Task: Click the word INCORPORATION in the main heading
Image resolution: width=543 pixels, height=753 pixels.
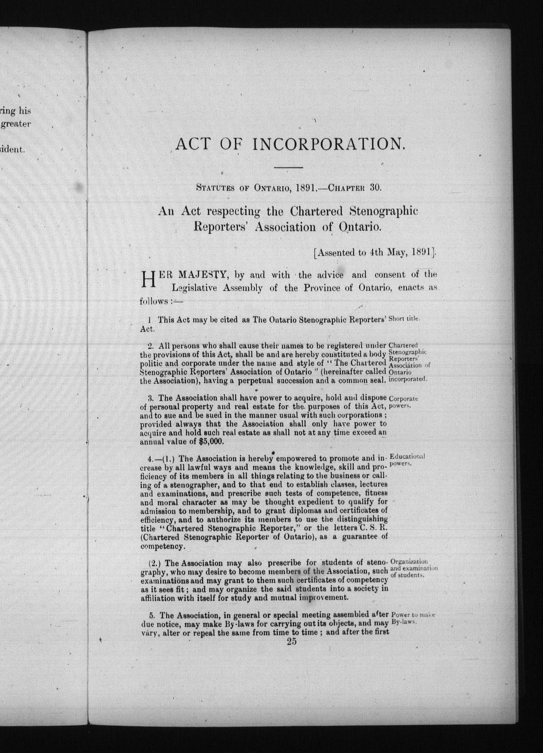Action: coord(328,144)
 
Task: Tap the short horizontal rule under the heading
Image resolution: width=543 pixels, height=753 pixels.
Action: coord(289,167)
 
